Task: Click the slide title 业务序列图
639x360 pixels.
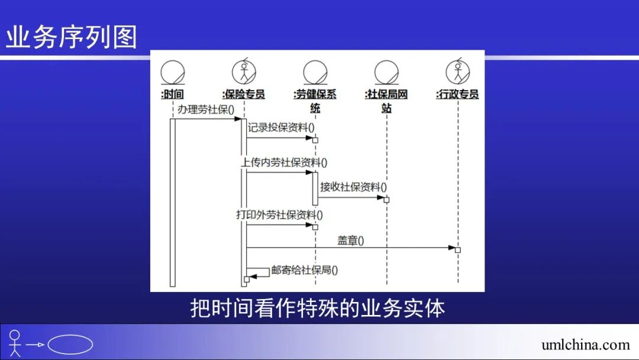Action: tap(72, 37)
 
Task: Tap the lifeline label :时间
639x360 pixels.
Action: tap(172, 94)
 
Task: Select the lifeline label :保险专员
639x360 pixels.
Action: tap(243, 94)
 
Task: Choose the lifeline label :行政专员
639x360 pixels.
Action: tap(457, 94)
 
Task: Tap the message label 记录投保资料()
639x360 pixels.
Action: tap(281, 127)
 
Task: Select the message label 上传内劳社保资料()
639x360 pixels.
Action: tap(284, 162)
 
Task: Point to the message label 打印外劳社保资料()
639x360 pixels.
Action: tap(280, 215)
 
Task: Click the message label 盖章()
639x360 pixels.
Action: tap(351, 240)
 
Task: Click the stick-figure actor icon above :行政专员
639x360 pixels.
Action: tap(457, 72)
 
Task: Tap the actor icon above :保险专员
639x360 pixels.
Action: tap(243, 72)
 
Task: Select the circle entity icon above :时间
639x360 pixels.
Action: tap(172, 72)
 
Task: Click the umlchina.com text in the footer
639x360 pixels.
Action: tap(585, 345)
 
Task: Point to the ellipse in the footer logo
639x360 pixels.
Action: tap(70, 345)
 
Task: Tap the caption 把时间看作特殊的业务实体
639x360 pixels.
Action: tap(317, 308)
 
